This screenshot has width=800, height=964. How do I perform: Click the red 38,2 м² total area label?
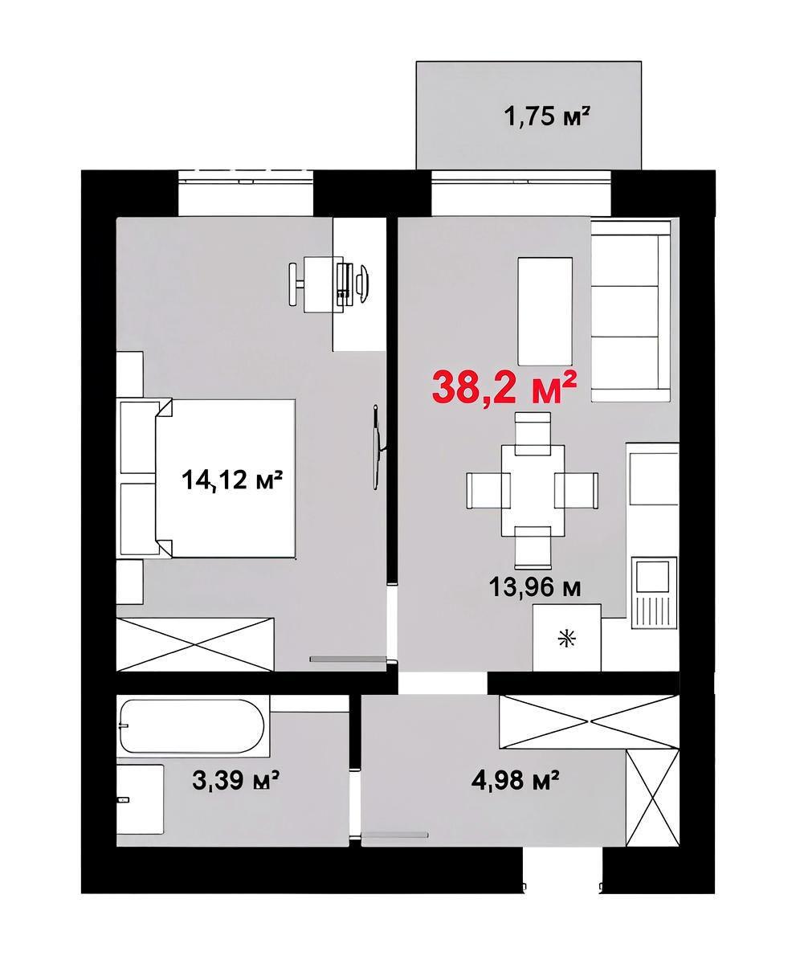coord(504,388)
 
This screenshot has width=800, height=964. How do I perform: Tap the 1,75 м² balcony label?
coord(548,116)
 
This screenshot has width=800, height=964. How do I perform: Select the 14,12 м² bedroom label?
coord(232,480)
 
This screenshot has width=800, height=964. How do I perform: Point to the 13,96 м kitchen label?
coord(535,588)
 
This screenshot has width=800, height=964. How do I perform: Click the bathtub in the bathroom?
coord(192,726)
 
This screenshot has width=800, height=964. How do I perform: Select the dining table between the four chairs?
coord(533,490)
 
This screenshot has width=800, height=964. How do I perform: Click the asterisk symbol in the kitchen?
coord(567,640)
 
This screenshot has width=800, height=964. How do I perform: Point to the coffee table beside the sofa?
coord(545,312)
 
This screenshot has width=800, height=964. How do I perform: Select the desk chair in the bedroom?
coord(297,284)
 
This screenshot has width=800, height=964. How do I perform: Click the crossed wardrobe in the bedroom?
coord(195,644)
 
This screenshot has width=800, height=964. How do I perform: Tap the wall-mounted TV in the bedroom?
coord(378,447)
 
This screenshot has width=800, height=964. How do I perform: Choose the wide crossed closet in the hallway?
coord(589,721)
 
